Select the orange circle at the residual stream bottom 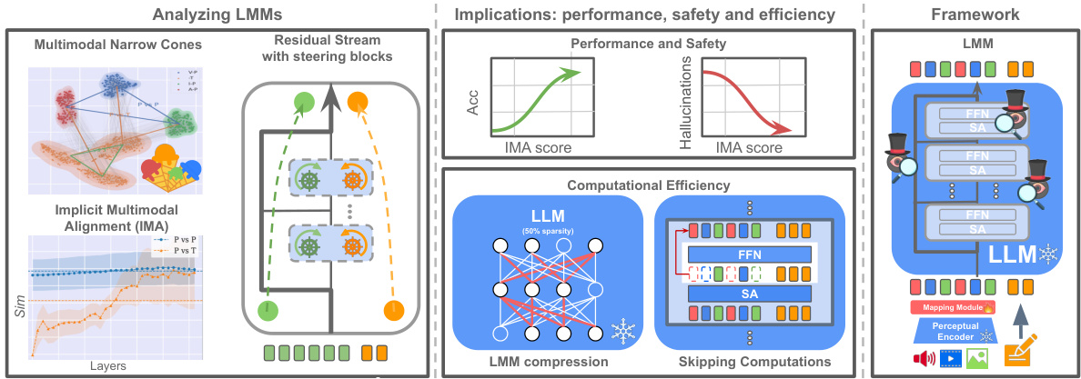point(394,310)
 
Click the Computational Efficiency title point(646,185)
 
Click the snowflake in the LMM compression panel point(621,330)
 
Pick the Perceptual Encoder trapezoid point(952,331)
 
